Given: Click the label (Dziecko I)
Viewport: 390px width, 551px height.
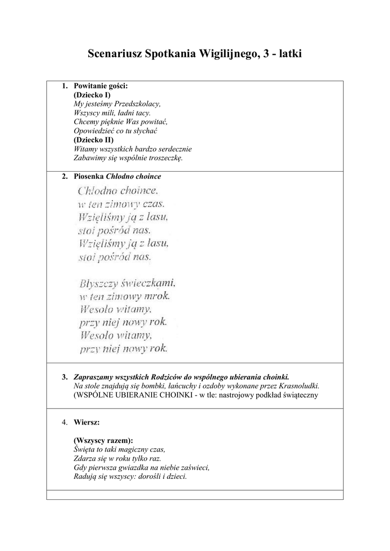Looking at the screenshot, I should pyautogui.click(x=92, y=95).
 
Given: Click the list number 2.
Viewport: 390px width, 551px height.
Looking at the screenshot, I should pyautogui.click(x=65, y=176).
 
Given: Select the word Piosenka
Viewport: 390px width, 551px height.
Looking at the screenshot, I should pyautogui.click(x=89, y=176).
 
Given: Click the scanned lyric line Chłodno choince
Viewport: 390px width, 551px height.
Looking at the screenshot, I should pyautogui.click(x=118, y=190).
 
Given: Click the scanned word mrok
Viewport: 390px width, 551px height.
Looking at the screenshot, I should pyautogui.click(x=156, y=295).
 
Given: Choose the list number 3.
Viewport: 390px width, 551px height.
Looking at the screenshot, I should pyautogui.click(x=65, y=377).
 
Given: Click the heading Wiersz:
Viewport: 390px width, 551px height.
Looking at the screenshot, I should pyautogui.click(x=87, y=422).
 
